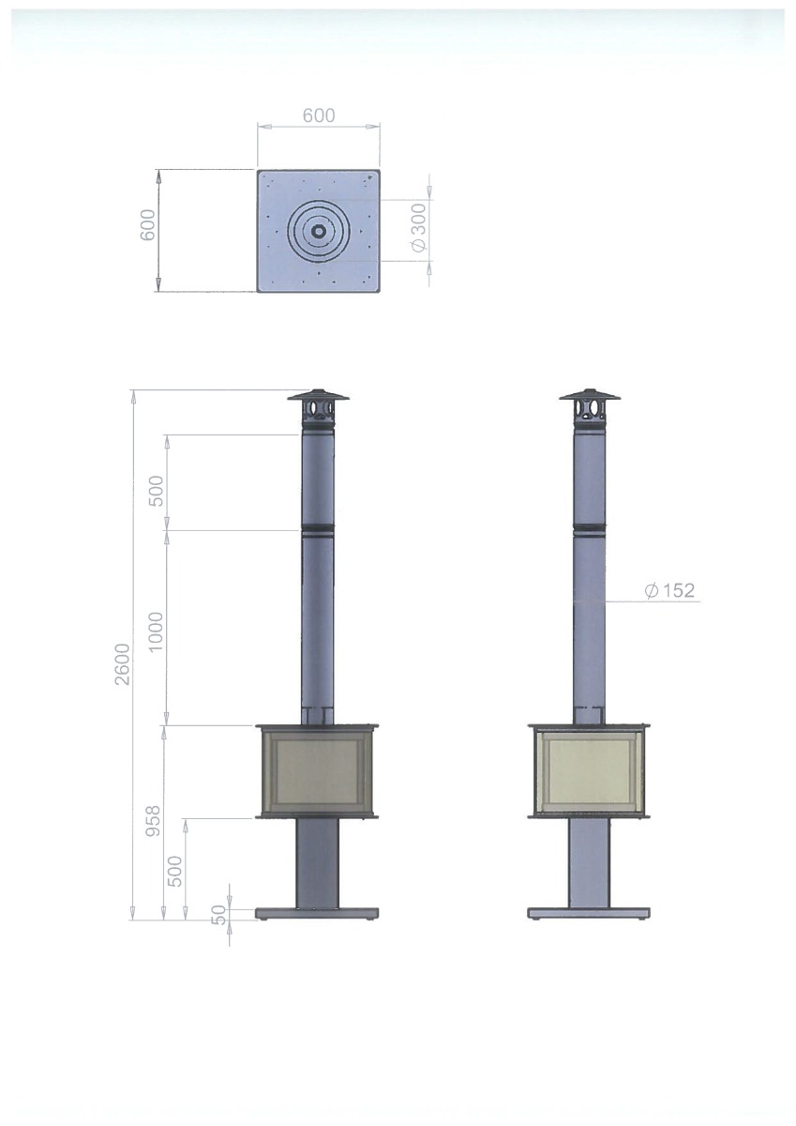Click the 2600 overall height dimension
pos(122,663)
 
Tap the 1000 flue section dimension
pos(157,631)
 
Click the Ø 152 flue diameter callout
pos(671,590)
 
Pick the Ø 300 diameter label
pos(418,227)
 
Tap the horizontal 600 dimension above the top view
pos(319,115)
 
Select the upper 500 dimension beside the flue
pos(157,491)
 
